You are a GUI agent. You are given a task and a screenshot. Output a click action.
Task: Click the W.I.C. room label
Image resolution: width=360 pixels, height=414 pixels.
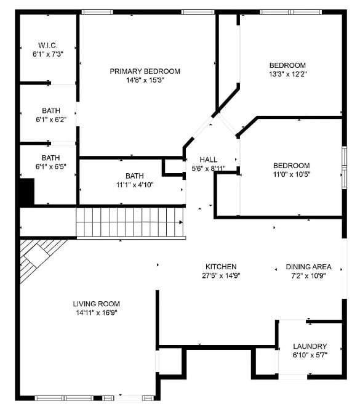pyautogui.click(x=47, y=45)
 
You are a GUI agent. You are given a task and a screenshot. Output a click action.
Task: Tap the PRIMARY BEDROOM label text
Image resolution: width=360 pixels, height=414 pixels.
pyautogui.click(x=145, y=71)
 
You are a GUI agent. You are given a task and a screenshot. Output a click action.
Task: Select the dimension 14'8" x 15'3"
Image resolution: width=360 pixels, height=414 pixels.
pyautogui.click(x=145, y=79)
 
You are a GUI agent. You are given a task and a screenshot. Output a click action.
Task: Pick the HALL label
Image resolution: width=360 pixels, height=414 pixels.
pyautogui.click(x=209, y=160)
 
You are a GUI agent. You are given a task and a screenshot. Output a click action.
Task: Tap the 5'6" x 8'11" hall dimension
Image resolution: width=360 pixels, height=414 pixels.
pyautogui.click(x=209, y=168)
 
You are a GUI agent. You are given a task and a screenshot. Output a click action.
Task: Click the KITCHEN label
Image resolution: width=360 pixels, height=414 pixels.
pyautogui.click(x=221, y=267)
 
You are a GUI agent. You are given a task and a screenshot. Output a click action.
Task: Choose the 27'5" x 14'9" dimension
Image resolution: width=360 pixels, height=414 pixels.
pyautogui.click(x=221, y=275)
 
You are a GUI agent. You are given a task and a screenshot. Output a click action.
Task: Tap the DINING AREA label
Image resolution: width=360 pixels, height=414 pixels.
pyautogui.click(x=308, y=267)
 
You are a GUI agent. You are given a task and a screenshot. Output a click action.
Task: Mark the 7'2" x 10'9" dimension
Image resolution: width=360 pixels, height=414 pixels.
pyautogui.click(x=308, y=275)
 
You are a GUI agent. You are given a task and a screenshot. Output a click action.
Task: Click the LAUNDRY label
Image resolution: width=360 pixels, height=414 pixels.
pyautogui.click(x=310, y=346)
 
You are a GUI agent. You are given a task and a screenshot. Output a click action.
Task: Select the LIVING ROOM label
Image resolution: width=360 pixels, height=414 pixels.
pyautogui.click(x=96, y=304)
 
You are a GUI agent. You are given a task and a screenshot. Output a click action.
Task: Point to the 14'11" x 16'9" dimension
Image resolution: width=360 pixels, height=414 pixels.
pyautogui.click(x=96, y=312)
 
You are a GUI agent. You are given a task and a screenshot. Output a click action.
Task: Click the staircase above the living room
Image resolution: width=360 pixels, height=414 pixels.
pyautogui.click(x=129, y=222)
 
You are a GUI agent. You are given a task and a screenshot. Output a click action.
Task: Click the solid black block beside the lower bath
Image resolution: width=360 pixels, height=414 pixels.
pyautogui.click(x=26, y=192)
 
